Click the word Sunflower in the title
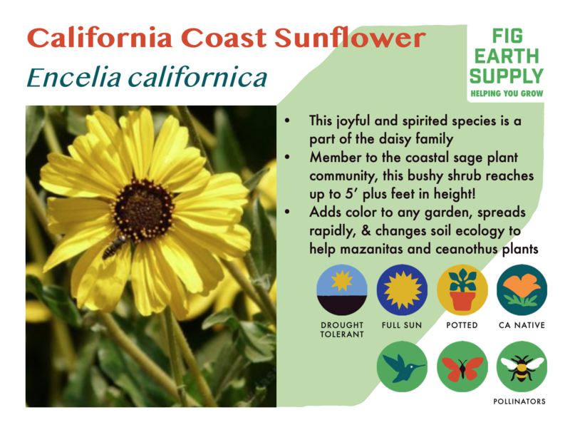[x=350, y=38]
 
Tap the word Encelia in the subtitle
[x=74, y=78]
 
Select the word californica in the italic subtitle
[x=198, y=77]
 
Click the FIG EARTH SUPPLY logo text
[x=507, y=56]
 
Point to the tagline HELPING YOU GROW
[x=507, y=93]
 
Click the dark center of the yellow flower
[x=144, y=209]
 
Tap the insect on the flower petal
[x=114, y=247]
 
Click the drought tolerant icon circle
[x=342, y=290]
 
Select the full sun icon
[x=402, y=290]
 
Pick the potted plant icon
[x=462, y=290]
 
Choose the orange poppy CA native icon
[x=522, y=290]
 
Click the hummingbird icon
[x=402, y=367]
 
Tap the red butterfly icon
[x=462, y=367]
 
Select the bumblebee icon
[x=522, y=367]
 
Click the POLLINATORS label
[x=519, y=401]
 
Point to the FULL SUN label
[x=402, y=325]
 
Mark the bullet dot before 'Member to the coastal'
[x=288, y=157]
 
